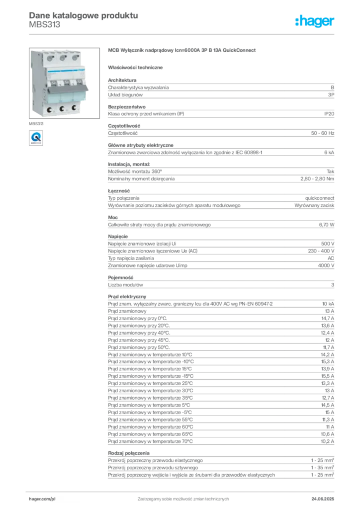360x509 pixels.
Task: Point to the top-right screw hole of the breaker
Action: coord(74,58)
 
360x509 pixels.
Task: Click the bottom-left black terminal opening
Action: coord(49,109)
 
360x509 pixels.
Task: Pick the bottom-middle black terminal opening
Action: coord(62,109)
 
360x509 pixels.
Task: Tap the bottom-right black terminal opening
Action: coord(74,108)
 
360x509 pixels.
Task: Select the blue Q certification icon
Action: coord(35,137)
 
